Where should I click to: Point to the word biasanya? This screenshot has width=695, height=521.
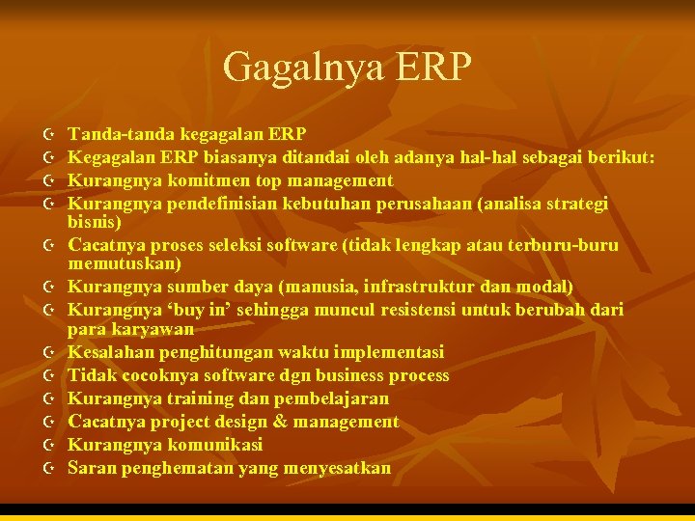tap(239, 157)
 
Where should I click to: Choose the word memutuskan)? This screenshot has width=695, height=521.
tap(126, 263)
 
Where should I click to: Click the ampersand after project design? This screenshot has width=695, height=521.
tap(280, 422)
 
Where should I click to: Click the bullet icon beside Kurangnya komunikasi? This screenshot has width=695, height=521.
tap(49, 445)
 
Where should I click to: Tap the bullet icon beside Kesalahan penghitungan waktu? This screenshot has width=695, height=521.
tap(49, 352)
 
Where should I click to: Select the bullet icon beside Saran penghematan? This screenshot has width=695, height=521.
tap(49, 468)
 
